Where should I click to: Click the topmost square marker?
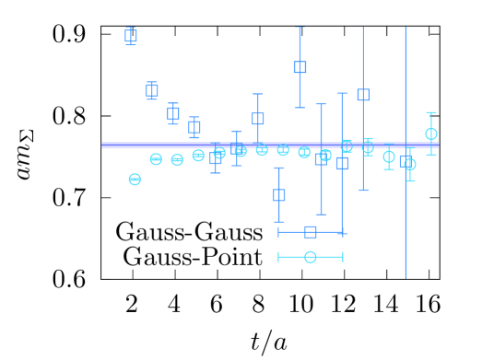coord(131,36)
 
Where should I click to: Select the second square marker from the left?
coord(152,90)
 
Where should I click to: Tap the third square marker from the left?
coord(173,113)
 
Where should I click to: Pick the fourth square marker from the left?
coord(194,127)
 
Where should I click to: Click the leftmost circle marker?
coord(135,180)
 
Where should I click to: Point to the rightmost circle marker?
coord(431,134)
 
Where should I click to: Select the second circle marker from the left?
coord(156,159)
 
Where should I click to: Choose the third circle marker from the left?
coord(177,160)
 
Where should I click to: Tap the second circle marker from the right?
coord(410,164)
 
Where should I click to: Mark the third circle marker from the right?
coord(389,157)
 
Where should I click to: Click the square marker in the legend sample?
coord(311,232)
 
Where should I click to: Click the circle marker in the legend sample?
coord(311,257)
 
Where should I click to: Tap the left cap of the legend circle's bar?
coord(278,257)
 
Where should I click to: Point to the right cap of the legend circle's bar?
coord(343,257)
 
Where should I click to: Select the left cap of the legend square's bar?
coord(278,232)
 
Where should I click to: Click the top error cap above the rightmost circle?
coord(431,113)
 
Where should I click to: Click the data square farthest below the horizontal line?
coord(279,195)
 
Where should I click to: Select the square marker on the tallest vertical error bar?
coord(406,160)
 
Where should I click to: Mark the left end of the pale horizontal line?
coord(102,145)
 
